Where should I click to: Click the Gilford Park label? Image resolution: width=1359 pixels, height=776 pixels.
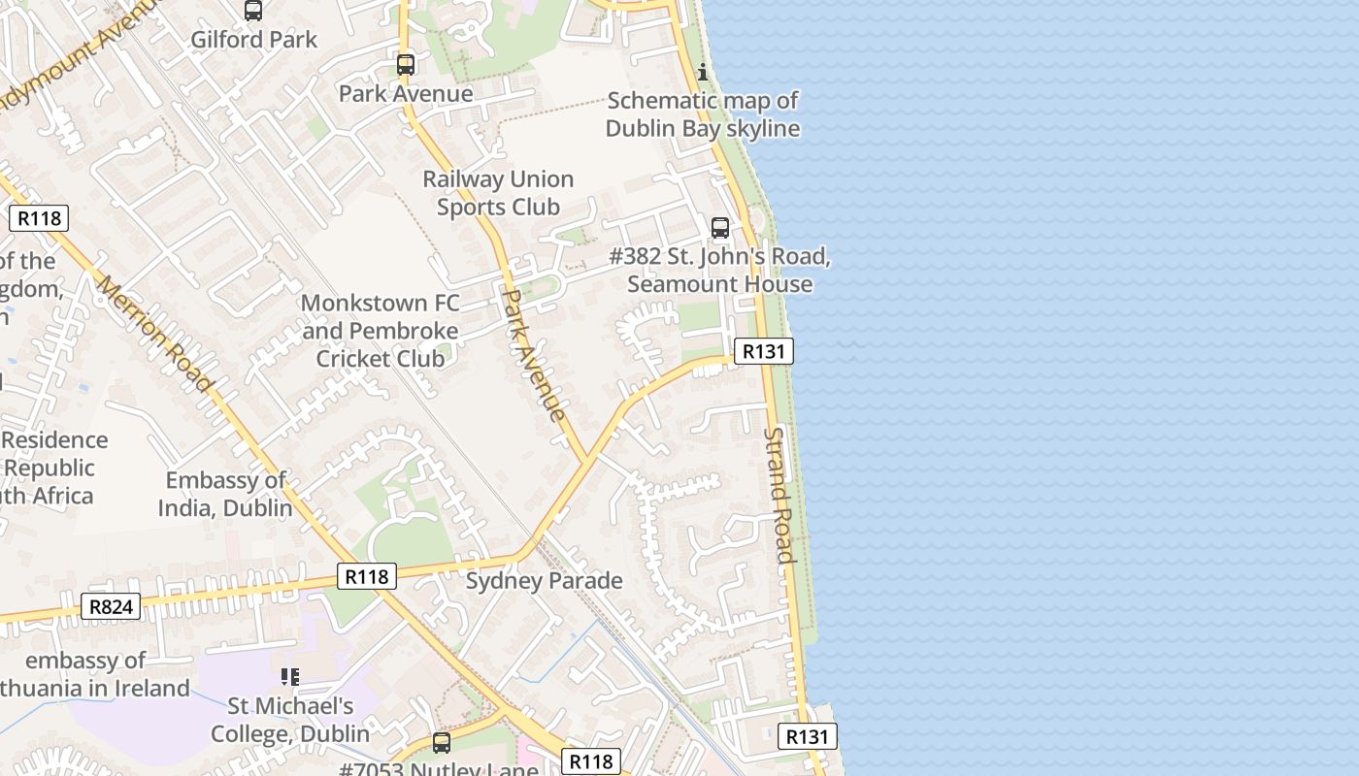(253, 40)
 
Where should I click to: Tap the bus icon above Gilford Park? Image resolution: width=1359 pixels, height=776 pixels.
(253, 11)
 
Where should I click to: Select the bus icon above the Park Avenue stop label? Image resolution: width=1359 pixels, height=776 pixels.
(406, 65)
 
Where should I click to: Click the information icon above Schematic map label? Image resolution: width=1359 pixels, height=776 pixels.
(703, 72)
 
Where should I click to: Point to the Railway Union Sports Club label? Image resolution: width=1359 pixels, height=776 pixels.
(498, 193)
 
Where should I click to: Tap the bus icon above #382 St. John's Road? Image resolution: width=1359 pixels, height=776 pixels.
(719, 228)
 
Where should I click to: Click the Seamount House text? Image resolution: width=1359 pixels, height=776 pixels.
(719, 284)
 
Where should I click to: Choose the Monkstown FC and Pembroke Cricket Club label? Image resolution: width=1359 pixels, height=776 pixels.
(381, 331)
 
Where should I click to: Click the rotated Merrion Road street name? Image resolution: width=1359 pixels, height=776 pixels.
(154, 334)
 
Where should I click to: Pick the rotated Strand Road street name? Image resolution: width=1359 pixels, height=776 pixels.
(781, 495)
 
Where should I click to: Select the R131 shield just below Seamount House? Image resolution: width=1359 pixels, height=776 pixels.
(763, 351)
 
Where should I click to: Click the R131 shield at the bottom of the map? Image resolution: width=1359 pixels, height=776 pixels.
(807, 737)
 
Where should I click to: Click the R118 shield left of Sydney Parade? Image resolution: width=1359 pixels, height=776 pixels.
(367, 576)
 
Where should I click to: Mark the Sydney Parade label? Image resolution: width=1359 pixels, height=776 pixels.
(544, 581)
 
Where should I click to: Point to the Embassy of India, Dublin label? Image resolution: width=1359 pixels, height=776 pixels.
(225, 494)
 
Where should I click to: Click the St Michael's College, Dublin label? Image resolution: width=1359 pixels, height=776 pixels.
(290, 720)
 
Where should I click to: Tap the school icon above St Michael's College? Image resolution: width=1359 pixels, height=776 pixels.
(290, 676)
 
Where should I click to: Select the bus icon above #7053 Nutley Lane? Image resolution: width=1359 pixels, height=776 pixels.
(442, 743)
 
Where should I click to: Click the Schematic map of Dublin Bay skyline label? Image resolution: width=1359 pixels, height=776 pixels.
(703, 114)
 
